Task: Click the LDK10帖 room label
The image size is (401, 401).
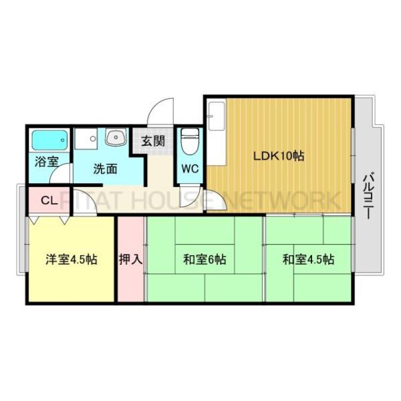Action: tap(278, 156)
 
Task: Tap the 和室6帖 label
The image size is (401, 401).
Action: tap(204, 259)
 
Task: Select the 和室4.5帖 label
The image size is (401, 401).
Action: tap(308, 259)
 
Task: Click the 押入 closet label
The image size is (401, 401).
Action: tap(131, 259)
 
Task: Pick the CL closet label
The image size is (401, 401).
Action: tap(49, 200)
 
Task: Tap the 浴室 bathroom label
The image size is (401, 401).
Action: tap(45, 161)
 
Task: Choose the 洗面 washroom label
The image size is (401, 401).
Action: tap(105, 168)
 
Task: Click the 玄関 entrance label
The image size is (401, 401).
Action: tap(152, 141)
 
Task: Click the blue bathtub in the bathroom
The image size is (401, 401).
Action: tap(51, 141)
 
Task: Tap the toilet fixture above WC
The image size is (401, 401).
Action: tap(190, 140)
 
